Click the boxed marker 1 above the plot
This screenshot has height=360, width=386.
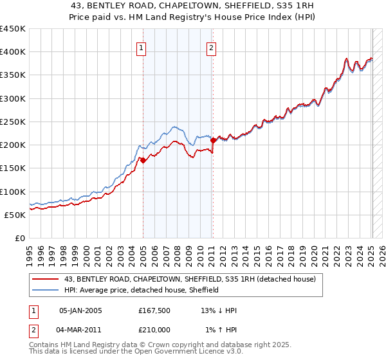[x=141, y=47]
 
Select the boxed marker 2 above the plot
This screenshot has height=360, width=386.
[x=211, y=47]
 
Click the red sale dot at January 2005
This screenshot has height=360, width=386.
[x=143, y=161]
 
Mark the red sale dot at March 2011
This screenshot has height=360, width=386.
[x=213, y=140]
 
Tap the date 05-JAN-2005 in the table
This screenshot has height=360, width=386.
[x=80, y=310]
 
